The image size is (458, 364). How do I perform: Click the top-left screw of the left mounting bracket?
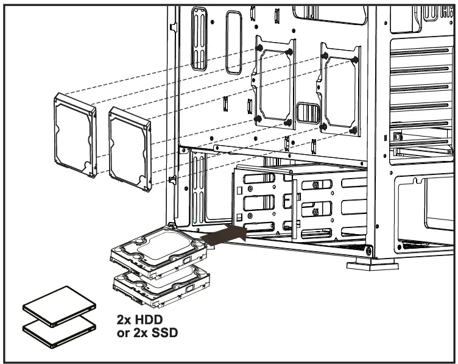point(260,47)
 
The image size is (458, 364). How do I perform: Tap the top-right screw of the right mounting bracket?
point(355,59)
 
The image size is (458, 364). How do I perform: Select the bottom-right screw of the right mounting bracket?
point(353,130)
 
